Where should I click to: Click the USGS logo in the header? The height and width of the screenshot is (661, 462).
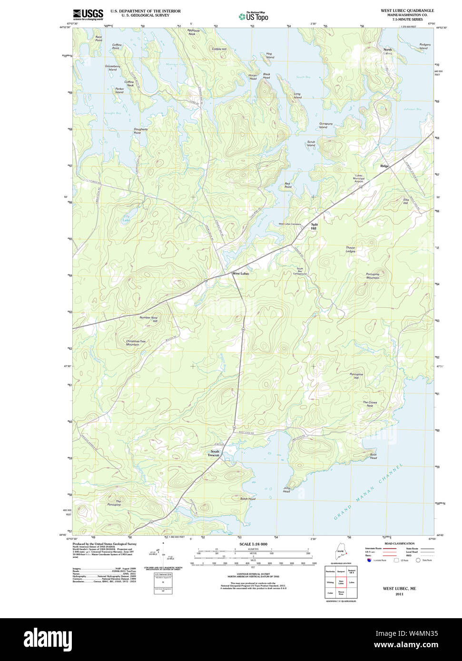[x=88, y=14]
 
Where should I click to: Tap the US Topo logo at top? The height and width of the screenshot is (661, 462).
[x=254, y=17]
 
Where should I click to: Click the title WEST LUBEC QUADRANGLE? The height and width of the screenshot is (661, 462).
[x=407, y=10]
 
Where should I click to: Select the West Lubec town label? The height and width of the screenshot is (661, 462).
[x=241, y=273]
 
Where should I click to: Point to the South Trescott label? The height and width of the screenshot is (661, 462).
[x=214, y=453]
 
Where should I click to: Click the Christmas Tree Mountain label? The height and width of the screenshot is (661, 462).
[x=136, y=343]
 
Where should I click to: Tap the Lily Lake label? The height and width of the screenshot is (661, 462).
[x=126, y=218]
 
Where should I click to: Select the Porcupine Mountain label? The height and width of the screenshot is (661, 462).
[x=373, y=276]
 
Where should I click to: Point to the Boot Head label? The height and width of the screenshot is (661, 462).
[x=373, y=456]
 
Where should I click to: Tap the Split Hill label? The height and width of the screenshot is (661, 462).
[x=314, y=226]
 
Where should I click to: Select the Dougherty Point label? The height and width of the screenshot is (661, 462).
[x=140, y=131]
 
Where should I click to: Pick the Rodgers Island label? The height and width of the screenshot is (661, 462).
[x=424, y=46]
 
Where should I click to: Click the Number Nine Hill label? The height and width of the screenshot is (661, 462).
[x=148, y=319]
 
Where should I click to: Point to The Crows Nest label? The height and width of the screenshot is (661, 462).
[x=370, y=404]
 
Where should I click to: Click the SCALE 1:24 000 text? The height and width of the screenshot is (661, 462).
[x=253, y=544]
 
